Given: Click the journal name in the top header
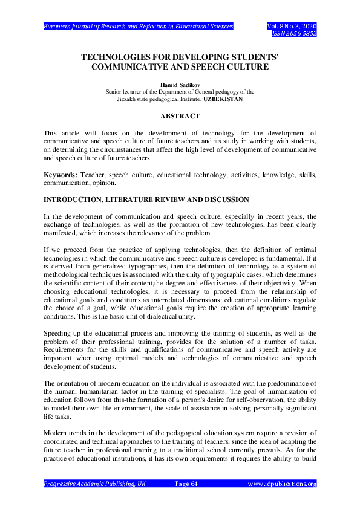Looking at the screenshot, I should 138,27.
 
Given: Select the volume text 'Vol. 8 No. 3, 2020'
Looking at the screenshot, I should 292,27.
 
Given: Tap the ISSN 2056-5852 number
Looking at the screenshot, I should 295,34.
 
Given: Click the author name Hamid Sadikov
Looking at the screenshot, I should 180,86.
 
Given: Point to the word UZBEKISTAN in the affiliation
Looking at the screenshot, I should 223,99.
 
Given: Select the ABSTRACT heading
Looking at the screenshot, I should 180,115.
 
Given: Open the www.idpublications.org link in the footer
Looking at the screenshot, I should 283,484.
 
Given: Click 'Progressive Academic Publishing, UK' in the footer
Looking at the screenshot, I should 95,484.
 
